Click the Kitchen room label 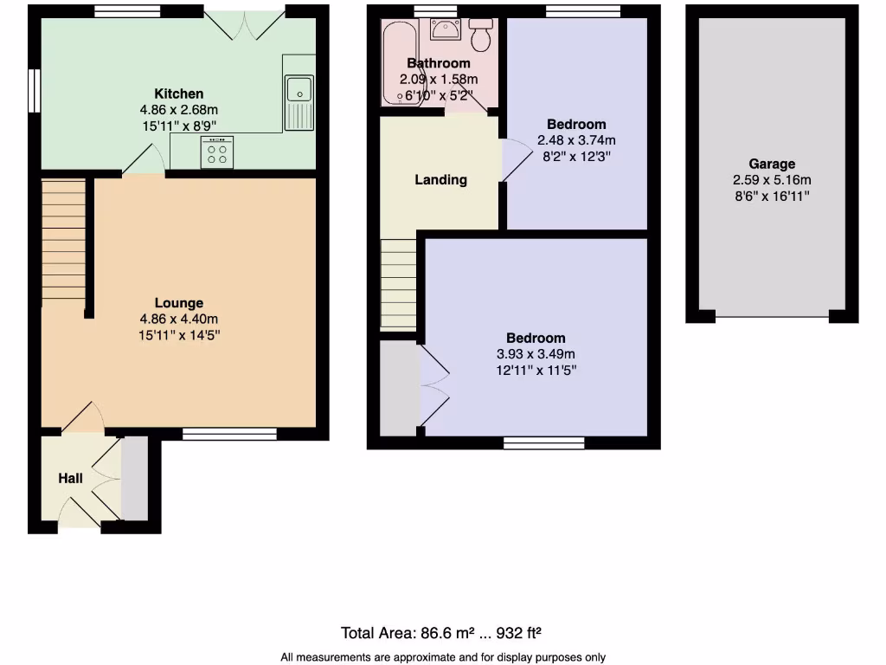179,94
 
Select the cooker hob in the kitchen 217,153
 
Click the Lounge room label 179,303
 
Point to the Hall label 70,478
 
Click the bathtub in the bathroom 396,65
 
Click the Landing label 440,180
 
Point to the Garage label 772,164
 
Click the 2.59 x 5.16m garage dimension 772,180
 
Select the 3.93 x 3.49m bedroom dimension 536,354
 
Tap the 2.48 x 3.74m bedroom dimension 576,140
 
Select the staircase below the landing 398,284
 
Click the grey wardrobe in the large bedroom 398,388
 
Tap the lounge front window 229,433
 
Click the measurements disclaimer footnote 443,657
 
